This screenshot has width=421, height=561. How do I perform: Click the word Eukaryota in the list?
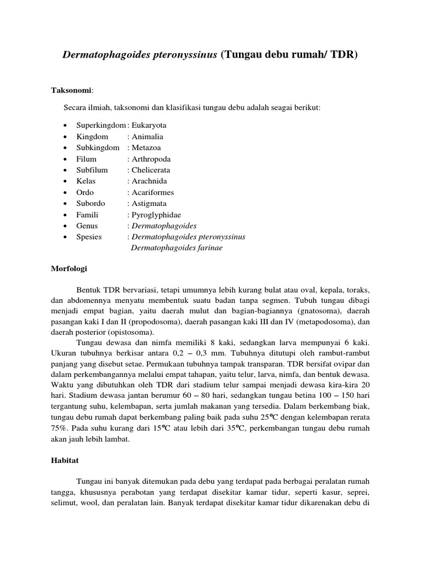(x=149, y=125)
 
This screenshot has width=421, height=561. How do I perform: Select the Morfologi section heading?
(x=69, y=270)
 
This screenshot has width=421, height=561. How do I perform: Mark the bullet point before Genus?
(x=65, y=226)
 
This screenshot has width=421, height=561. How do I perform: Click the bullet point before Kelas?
(x=65, y=181)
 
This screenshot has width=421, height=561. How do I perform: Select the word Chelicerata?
(x=151, y=170)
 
